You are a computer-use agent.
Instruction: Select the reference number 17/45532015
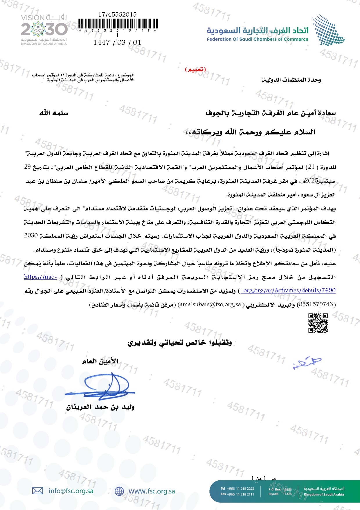point(117,14)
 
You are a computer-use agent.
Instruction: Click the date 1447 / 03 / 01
point(117,42)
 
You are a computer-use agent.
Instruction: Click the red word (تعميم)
point(195,69)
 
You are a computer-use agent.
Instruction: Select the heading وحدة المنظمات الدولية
point(291,80)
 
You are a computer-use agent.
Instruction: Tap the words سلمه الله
point(54,113)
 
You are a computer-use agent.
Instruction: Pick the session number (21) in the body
point(311,167)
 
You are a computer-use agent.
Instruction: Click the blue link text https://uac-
point(40,277)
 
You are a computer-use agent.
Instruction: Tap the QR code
point(318,323)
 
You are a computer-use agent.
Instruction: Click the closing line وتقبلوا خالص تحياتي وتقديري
point(180,343)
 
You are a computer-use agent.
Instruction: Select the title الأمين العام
point(100,361)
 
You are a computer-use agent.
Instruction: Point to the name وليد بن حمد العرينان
point(100,407)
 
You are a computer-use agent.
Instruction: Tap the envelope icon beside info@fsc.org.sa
point(37,491)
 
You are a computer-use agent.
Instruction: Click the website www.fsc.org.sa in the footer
point(152,491)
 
